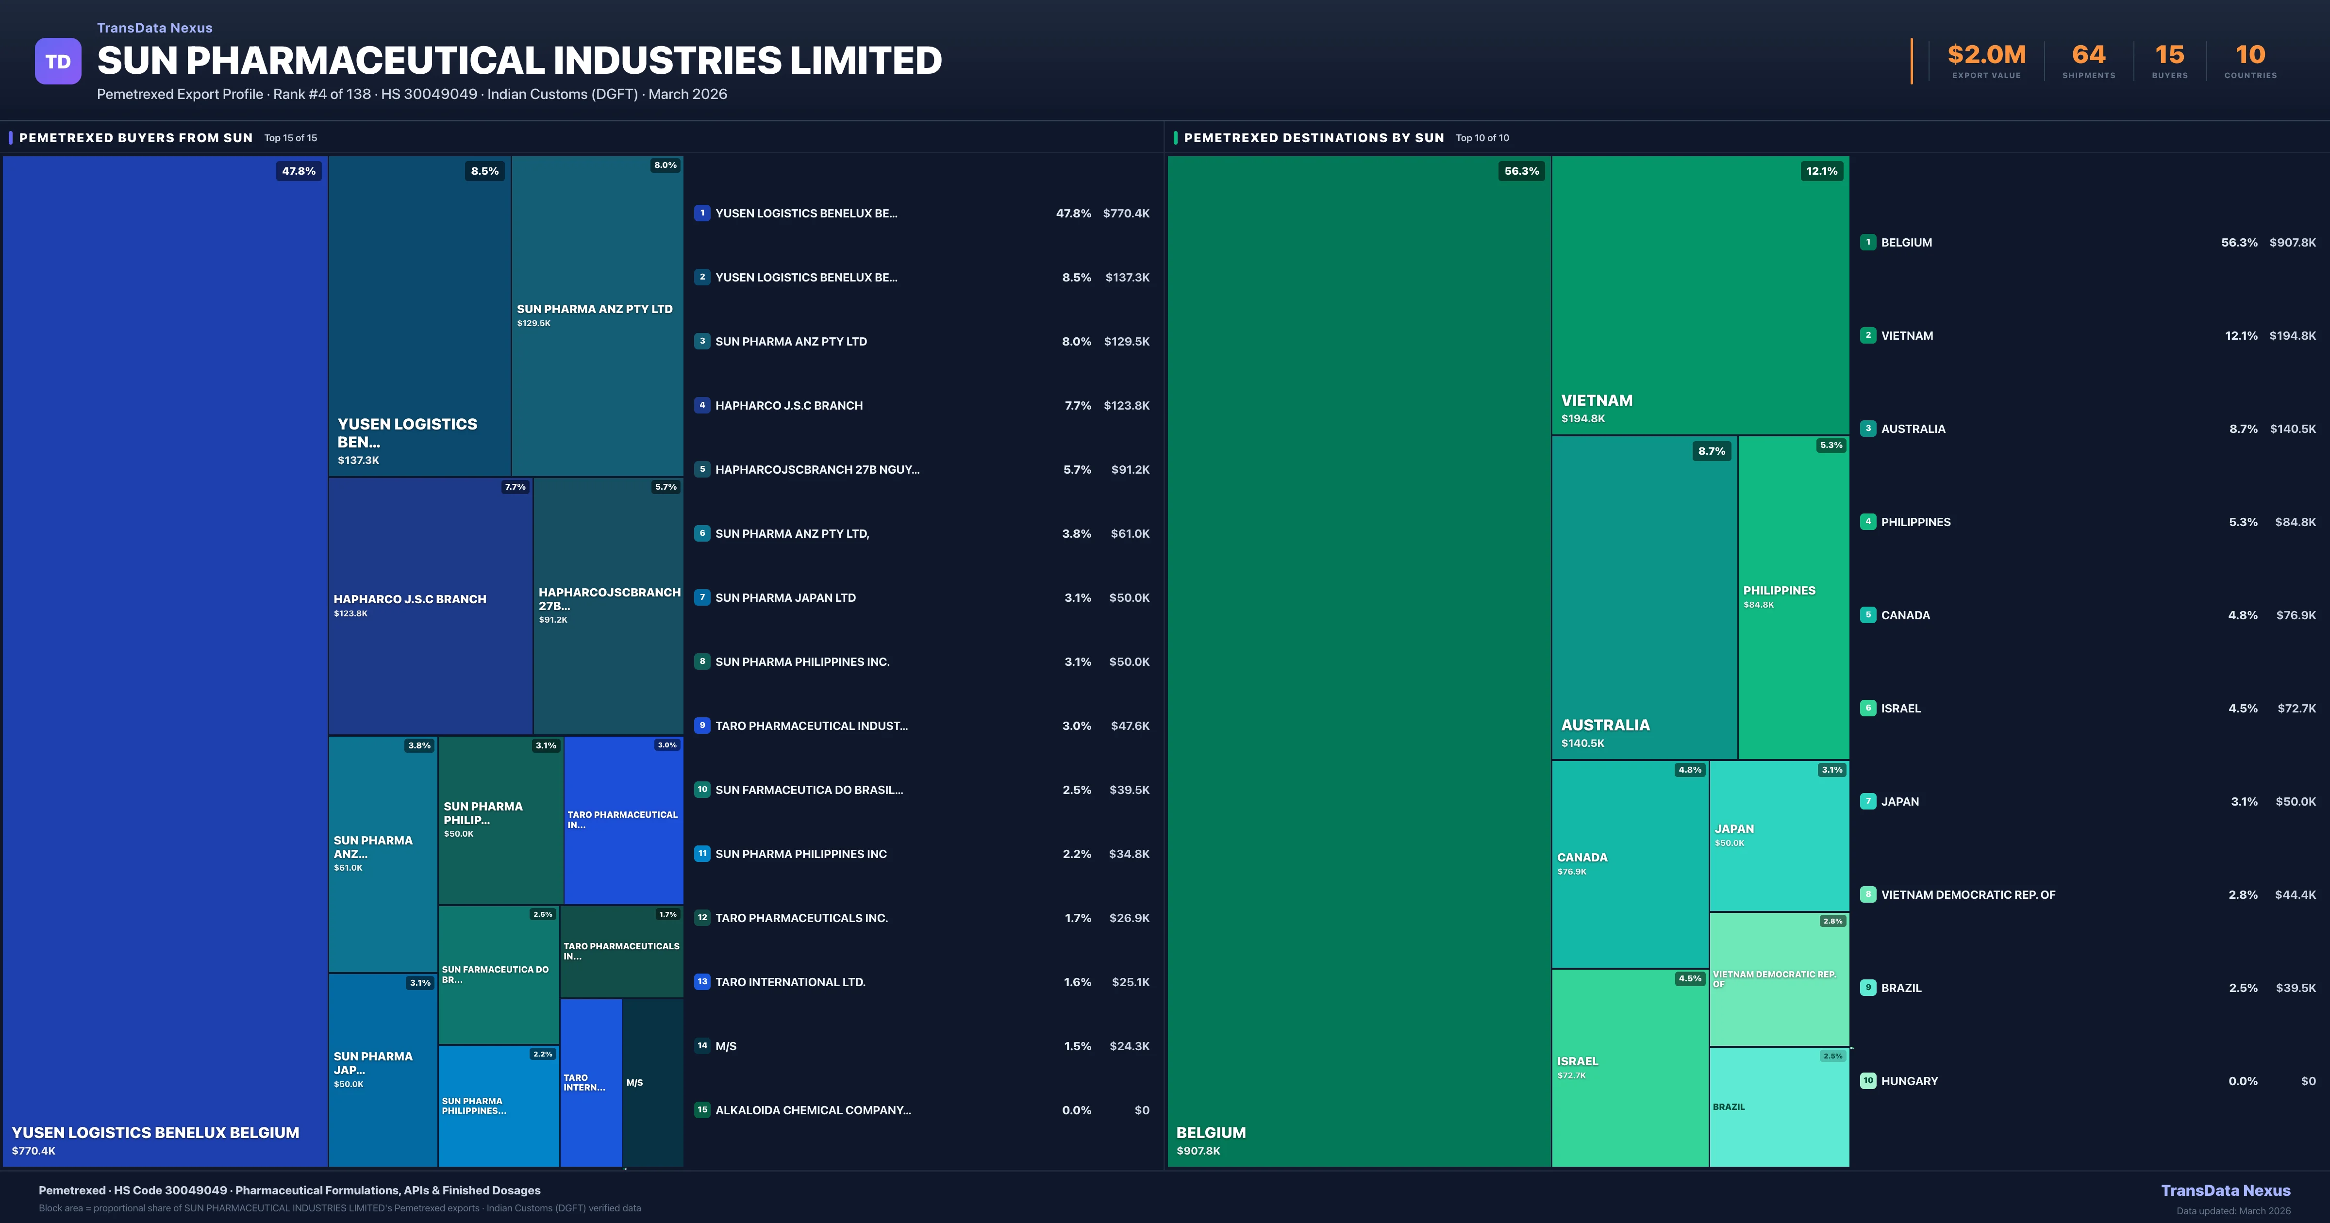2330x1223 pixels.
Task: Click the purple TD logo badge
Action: coord(58,62)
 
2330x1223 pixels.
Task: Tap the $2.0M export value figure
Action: coord(1986,55)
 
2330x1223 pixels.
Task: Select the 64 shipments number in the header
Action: coord(2088,55)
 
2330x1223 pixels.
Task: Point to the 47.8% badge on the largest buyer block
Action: coord(299,171)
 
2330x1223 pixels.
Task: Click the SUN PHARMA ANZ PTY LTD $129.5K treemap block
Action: coord(597,316)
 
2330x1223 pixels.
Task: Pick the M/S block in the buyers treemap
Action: coord(652,1082)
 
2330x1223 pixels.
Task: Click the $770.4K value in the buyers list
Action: coord(1126,214)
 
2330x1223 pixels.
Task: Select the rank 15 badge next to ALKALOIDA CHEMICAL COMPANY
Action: coord(702,1110)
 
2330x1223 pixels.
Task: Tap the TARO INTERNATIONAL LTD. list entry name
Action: coord(790,982)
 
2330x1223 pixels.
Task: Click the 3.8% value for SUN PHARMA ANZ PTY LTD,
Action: coord(1076,534)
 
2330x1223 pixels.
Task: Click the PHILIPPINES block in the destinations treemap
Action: coord(1793,597)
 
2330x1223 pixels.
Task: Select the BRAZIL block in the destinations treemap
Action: coord(1778,1107)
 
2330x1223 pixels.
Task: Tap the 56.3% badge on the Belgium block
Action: coord(1521,171)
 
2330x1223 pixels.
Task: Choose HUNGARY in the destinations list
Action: coord(1910,1081)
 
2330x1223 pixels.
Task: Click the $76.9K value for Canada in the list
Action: coord(2296,615)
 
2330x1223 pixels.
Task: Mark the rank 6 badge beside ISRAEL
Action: coord(1868,708)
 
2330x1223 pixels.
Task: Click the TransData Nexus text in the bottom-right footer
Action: coord(2225,1190)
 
